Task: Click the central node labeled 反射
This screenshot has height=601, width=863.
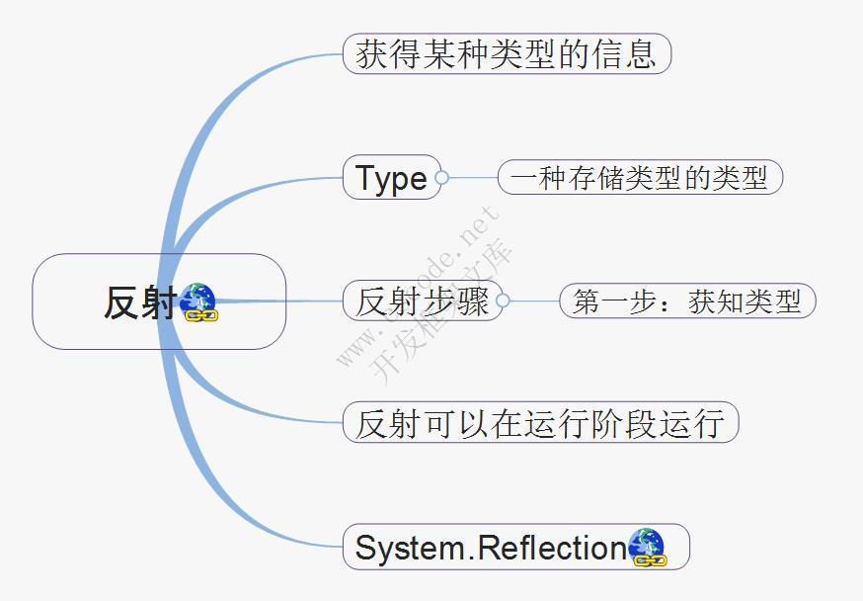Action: [x=159, y=301]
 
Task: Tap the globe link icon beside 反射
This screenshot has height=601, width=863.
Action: [x=199, y=301]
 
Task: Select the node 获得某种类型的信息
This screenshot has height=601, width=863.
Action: [x=507, y=53]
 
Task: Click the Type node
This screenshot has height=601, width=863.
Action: [x=392, y=177]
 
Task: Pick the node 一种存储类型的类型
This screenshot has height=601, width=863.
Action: [x=640, y=177]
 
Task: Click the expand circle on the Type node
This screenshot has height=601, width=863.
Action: [x=441, y=177]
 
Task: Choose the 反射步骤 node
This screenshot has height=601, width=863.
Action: [x=423, y=300]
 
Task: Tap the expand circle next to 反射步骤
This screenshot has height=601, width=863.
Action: [x=503, y=300]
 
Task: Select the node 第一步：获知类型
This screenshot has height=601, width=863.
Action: [x=687, y=300]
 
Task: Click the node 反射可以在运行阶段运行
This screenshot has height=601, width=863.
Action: [x=540, y=422]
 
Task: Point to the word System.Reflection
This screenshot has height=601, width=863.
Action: [x=491, y=548]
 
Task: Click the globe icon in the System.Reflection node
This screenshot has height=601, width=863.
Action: [x=648, y=547]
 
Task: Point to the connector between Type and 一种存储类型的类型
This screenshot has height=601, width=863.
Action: [x=473, y=177]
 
